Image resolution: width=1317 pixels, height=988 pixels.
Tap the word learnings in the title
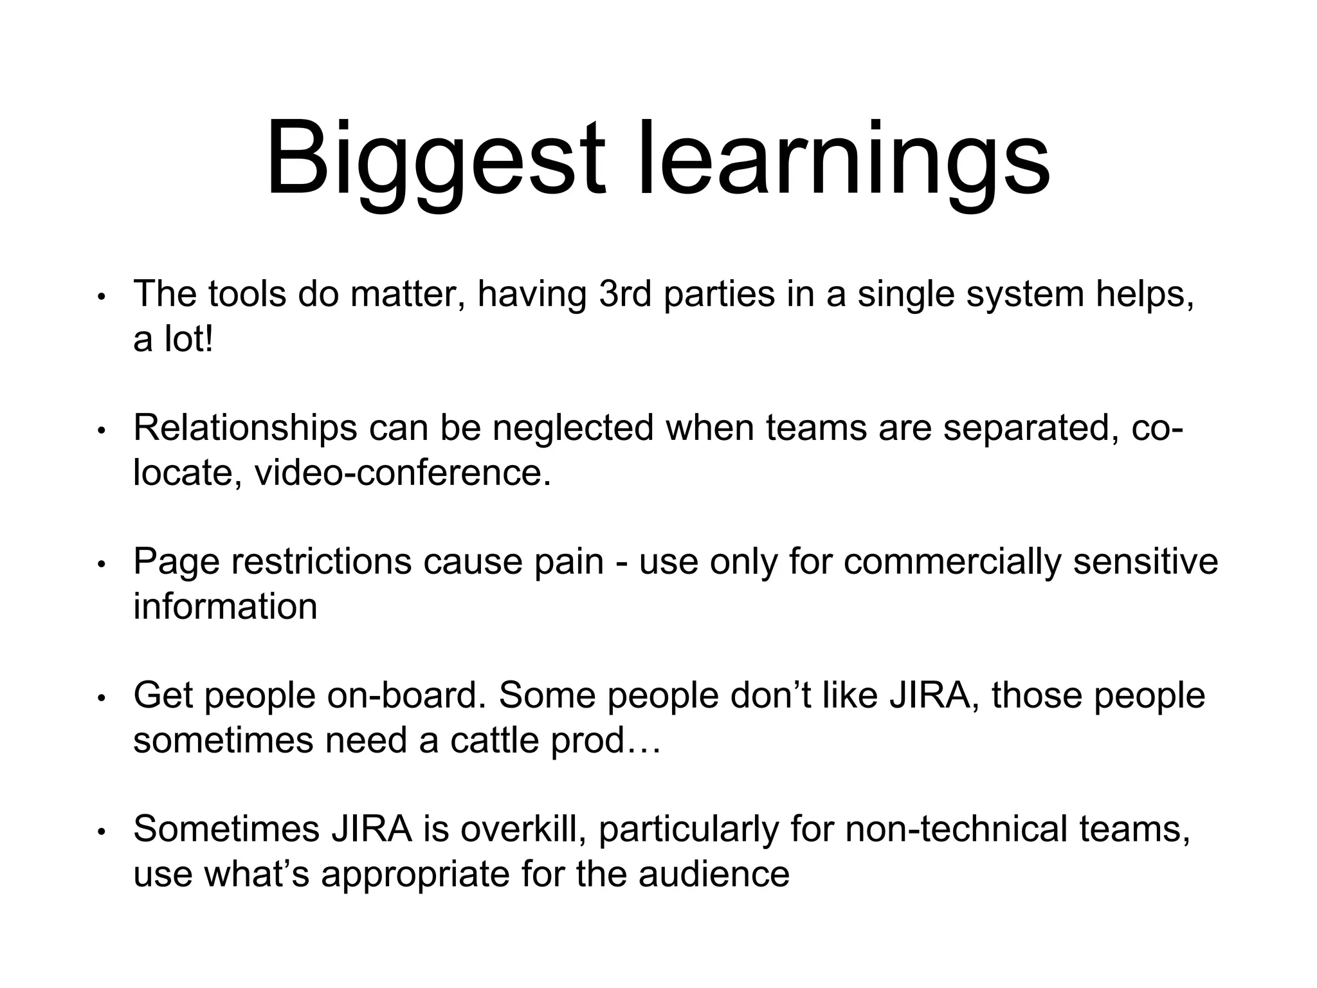[x=842, y=161]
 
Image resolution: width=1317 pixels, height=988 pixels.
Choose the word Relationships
[x=245, y=428]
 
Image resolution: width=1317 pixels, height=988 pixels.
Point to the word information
[x=225, y=607]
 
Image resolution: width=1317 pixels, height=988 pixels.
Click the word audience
[x=714, y=874]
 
